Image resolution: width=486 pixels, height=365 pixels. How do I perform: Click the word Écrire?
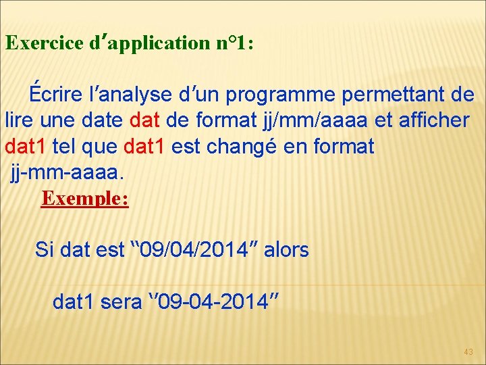[x=51, y=95]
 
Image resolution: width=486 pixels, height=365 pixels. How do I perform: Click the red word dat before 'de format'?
[x=144, y=121]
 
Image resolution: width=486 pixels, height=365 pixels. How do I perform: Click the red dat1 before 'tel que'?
[x=22, y=147]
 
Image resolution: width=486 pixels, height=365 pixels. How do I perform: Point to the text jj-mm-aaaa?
[x=67, y=172]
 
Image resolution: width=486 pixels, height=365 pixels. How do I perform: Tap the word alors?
[x=286, y=250]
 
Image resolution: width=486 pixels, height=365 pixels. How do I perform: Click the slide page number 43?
[x=468, y=351]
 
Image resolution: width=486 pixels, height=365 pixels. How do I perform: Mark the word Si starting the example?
[x=45, y=250]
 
